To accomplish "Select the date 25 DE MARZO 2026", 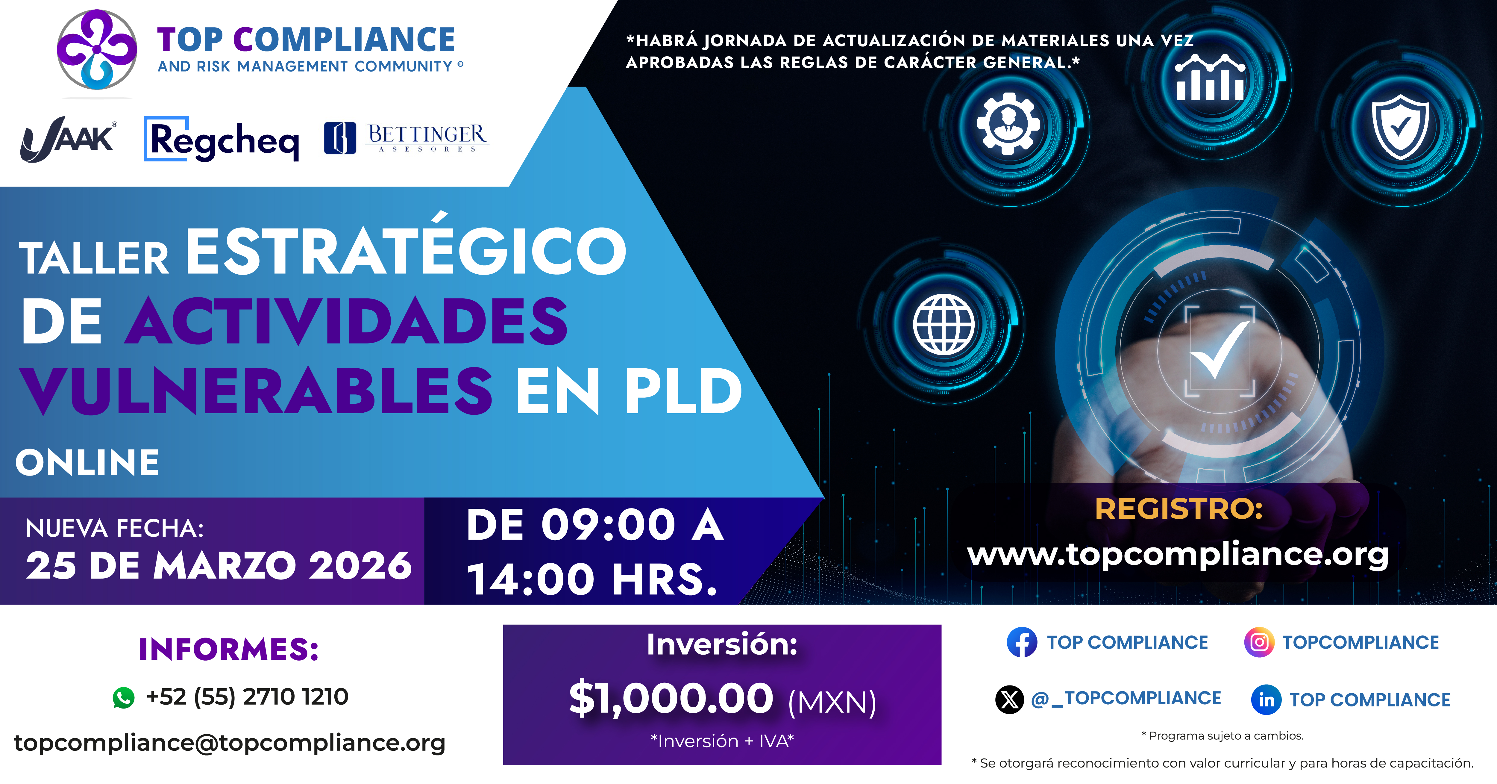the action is coord(219,565).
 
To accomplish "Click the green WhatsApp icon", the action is coord(123,697).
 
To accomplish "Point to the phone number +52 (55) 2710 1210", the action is coord(247,696).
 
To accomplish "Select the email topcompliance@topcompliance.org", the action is coord(230,743).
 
